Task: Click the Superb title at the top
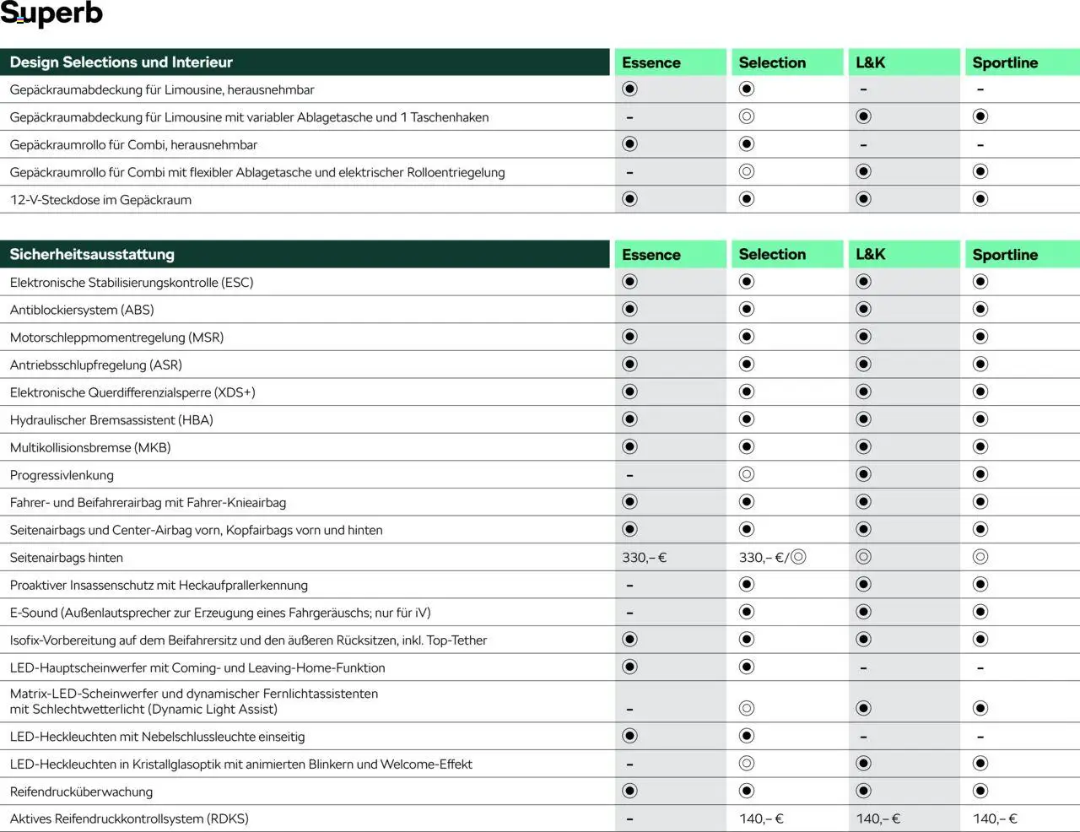tap(51, 14)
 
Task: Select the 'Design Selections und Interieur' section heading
tap(121, 62)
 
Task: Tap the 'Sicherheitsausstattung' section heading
tap(92, 255)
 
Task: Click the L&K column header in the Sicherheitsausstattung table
tap(871, 255)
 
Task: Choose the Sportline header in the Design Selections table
tap(1005, 62)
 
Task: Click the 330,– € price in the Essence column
tap(645, 558)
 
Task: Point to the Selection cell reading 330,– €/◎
tap(772, 558)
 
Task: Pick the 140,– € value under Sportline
tap(995, 818)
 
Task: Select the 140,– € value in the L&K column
tap(878, 818)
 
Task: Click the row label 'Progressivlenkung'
tap(62, 475)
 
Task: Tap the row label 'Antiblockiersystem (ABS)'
tap(82, 310)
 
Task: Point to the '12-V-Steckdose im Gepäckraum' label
tap(100, 200)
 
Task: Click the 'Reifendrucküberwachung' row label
tap(81, 791)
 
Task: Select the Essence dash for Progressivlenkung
tap(629, 475)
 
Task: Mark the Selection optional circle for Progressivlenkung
tap(746, 474)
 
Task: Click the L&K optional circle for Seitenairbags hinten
tap(863, 557)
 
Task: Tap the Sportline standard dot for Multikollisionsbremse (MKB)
tap(980, 446)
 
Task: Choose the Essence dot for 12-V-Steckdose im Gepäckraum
tap(629, 199)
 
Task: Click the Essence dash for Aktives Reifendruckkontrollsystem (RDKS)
tap(629, 818)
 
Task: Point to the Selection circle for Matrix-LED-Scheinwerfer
tap(746, 708)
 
